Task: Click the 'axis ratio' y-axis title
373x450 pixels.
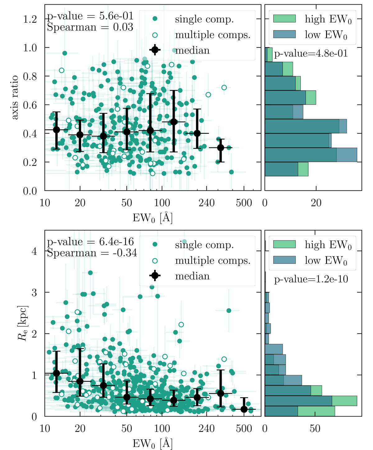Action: [x=15, y=97]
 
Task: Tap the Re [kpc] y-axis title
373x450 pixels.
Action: [x=23, y=323]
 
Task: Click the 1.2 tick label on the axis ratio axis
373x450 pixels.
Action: [x=30, y=19]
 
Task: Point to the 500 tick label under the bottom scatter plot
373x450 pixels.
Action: [x=244, y=429]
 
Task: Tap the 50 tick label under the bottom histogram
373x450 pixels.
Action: [x=315, y=429]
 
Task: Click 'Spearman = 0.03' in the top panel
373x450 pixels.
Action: [x=90, y=27]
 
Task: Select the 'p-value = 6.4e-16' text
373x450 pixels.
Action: [x=90, y=242]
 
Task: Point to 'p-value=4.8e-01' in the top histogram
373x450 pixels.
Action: [x=311, y=54]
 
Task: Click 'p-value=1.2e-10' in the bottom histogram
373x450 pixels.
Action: [x=311, y=279]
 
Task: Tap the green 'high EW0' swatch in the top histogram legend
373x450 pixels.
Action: [x=284, y=19]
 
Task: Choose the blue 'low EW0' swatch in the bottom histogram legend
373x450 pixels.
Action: [x=284, y=260]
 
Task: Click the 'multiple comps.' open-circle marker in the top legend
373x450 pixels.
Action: [x=155, y=35]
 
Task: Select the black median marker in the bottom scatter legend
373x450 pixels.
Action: [x=155, y=276]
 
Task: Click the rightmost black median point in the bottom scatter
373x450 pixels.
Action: [x=244, y=409]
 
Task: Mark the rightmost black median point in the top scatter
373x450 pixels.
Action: [x=220, y=148]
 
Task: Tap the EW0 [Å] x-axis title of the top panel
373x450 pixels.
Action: [x=153, y=218]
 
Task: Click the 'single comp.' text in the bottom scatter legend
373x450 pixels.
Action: [x=204, y=245]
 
